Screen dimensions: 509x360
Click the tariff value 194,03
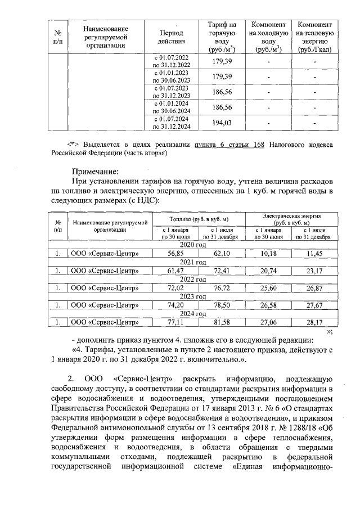point(222,123)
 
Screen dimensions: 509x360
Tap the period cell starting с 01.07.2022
point(172,61)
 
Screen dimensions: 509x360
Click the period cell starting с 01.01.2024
point(172,107)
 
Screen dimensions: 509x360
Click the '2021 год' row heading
point(193,262)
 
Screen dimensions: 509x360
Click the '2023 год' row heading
point(193,296)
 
